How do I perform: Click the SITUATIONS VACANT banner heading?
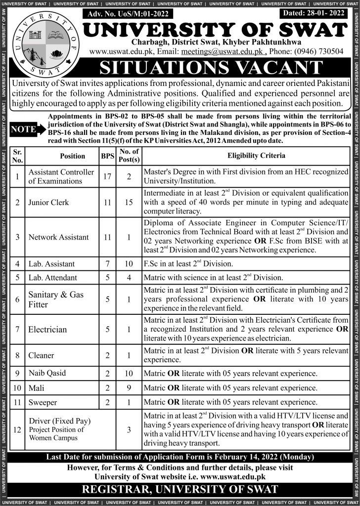[x=218, y=68]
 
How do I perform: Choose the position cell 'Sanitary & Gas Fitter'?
[x=56, y=299]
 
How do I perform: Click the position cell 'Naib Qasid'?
[x=47, y=373]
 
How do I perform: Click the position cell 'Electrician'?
[x=47, y=329]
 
